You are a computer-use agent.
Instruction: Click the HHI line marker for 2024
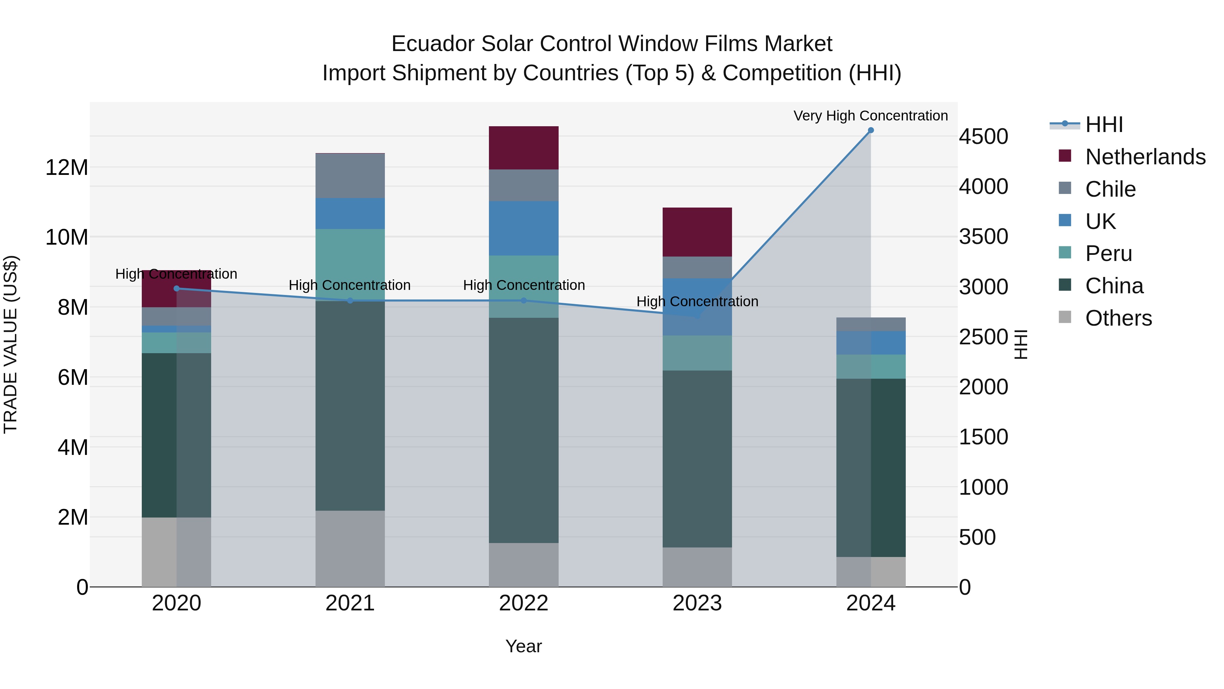pos(870,130)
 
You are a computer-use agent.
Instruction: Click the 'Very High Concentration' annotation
pos(870,116)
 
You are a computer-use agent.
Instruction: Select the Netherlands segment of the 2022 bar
pos(524,148)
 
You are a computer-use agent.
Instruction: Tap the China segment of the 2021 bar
pos(350,406)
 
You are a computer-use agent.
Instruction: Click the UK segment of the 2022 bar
pos(524,228)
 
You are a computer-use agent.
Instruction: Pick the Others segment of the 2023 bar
pos(697,567)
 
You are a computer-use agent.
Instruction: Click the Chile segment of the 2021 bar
pos(350,176)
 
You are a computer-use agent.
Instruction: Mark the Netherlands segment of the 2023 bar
pos(697,232)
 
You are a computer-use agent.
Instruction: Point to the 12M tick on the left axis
pos(67,168)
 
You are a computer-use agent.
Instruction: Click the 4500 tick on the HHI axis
pos(983,137)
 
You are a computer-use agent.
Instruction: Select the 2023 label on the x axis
pos(697,603)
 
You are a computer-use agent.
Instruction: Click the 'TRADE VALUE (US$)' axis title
pos(11,344)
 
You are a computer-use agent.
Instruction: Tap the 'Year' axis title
pos(523,646)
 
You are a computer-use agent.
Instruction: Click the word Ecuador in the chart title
pos(432,44)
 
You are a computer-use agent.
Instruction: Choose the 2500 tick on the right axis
pos(983,337)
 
